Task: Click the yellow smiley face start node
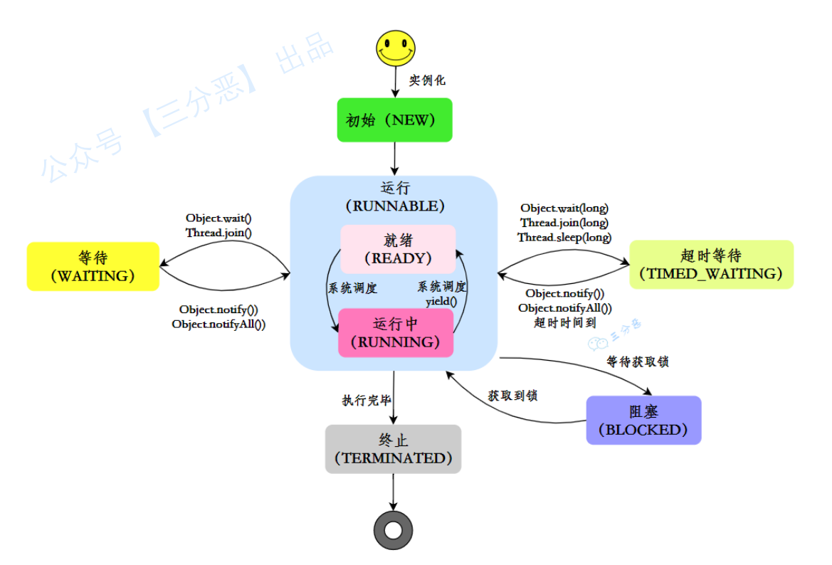click(x=395, y=48)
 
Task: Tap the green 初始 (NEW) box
click(x=394, y=120)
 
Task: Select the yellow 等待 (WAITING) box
click(x=93, y=266)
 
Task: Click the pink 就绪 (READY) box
click(x=398, y=249)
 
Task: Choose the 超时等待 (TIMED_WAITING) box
click(x=711, y=265)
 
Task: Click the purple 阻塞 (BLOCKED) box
click(x=643, y=421)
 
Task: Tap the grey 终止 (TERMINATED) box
click(x=393, y=449)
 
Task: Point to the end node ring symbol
click(x=393, y=530)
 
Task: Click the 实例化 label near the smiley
click(x=427, y=80)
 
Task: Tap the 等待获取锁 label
click(x=638, y=362)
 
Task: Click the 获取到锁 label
click(x=512, y=396)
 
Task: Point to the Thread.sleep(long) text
click(x=564, y=238)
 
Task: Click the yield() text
click(x=441, y=301)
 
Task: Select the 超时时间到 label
click(x=564, y=322)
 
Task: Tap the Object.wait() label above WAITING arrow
click(x=219, y=218)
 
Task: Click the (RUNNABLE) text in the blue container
click(x=395, y=206)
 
